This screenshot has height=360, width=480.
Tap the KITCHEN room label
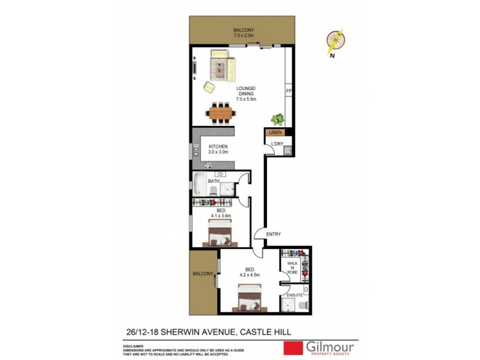pyautogui.click(x=218, y=148)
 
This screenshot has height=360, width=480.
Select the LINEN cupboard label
pyautogui.click(x=275, y=132)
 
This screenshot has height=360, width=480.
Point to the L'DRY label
pyautogui.click(x=277, y=144)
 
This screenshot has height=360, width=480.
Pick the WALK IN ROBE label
pyautogui.click(x=292, y=268)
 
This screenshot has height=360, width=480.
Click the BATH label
pyautogui.click(x=214, y=181)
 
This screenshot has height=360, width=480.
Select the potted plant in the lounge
pyautogui.click(x=277, y=119)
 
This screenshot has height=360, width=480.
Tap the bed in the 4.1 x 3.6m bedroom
pyautogui.click(x=218, y=234)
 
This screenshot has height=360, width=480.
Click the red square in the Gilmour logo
pyautogui.click(x=293, y=349)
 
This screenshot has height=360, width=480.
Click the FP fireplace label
pyautogui.click(x=288, y=91)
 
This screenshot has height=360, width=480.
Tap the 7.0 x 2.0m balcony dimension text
pyautogui.click(x=244, y=36)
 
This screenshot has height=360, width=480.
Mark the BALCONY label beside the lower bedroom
pyautogui.click(x=203, y=274)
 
